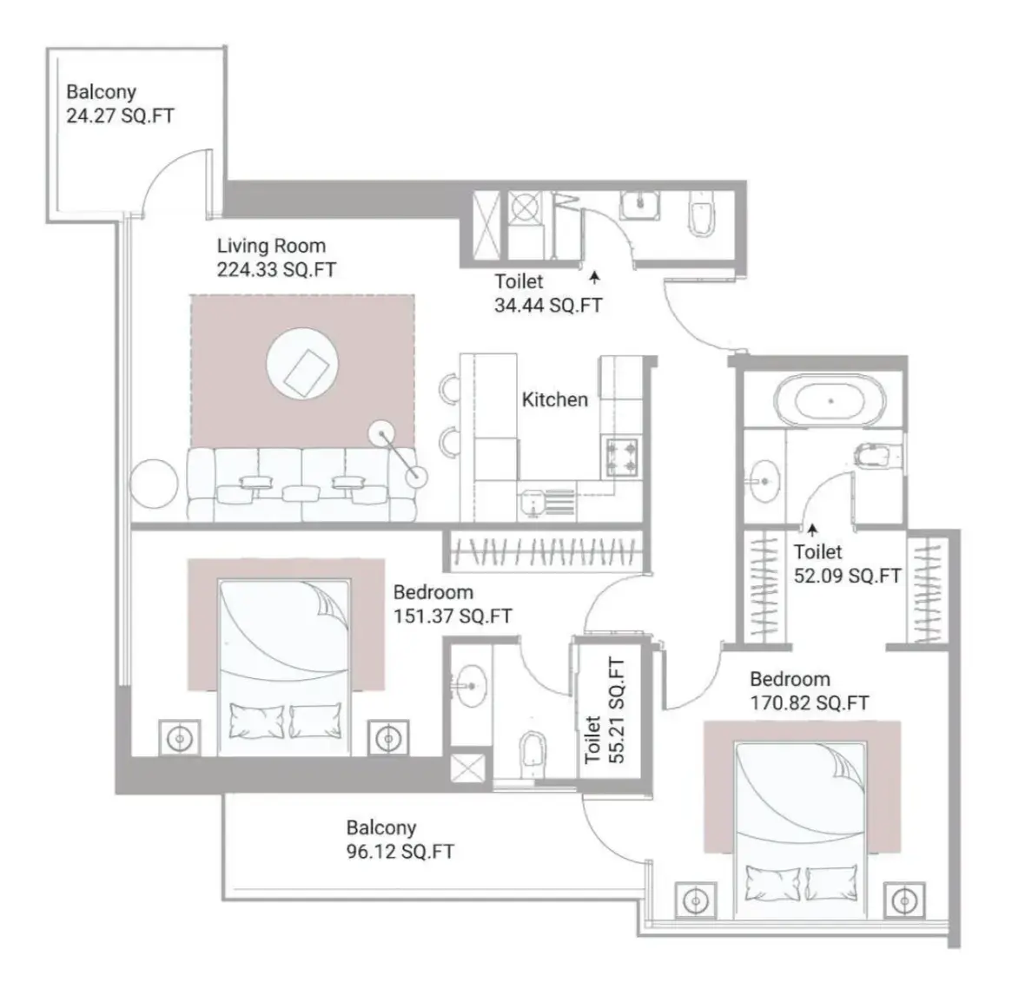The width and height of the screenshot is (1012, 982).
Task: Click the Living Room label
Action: tap(271, 246)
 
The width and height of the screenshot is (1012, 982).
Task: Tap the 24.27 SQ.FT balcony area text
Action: tap(120, 115)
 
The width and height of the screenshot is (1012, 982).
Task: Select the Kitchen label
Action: tap(554, 399)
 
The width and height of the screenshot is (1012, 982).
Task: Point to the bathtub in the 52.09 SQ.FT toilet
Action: tap(830, 400)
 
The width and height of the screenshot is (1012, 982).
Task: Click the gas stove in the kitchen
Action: tap(621, 456)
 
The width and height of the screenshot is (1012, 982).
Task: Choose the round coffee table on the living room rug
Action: tap(302, 364)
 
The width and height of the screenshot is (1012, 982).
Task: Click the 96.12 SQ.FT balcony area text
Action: tap(400, 851)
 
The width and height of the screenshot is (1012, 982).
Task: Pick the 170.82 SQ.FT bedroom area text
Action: tap(810, 702)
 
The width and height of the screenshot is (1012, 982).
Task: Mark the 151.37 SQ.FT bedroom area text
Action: tap(453, 616)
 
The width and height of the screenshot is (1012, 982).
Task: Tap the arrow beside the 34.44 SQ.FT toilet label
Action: tap(594, 278)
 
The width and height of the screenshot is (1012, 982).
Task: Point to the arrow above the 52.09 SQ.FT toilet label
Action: tap(812, 530)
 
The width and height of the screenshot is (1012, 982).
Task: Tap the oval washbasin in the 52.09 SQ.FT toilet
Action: tap(764, 481)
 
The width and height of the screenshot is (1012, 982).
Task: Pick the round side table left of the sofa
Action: tap(154, 484)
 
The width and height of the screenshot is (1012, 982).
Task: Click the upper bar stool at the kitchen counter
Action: tap(451, 390)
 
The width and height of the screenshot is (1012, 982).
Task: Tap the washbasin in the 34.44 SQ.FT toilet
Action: tap(639, 205)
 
